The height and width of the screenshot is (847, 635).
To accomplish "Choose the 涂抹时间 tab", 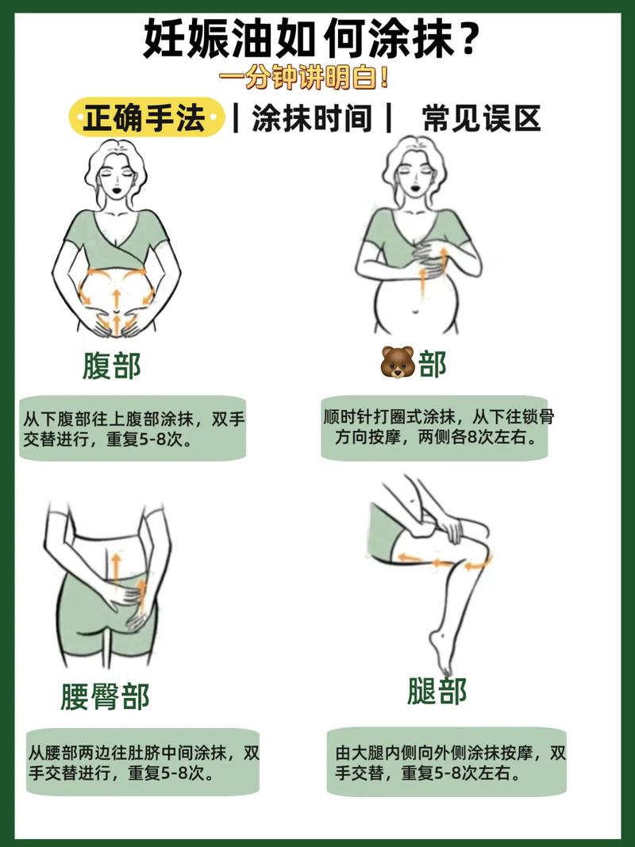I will click(x=312, y=119).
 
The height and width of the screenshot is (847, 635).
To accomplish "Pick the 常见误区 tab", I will click(x=481, y=119).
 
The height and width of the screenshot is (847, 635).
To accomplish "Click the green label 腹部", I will click(x=111, y=366).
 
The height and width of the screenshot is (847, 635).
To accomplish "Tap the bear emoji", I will click(x=398, y=363).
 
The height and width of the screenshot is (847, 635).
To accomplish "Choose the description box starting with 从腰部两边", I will click(x=143, y=762).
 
